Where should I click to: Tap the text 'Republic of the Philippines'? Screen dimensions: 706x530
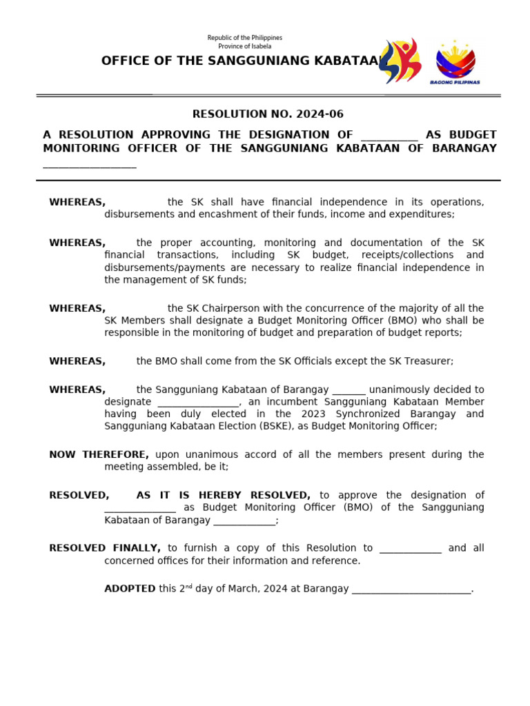click(245, 37)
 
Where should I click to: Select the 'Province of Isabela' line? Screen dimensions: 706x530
click(245, 46)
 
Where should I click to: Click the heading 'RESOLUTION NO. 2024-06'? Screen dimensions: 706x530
click(268, 114)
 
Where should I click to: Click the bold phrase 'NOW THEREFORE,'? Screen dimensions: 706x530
click(99, 454)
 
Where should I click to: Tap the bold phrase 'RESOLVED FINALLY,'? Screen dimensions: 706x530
click(105, 548)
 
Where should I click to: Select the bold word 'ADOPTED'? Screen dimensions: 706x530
click(130, 589)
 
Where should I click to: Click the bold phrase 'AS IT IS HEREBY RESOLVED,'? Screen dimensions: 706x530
click(224, 495)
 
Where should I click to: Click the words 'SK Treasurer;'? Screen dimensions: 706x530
click(423, 361)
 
